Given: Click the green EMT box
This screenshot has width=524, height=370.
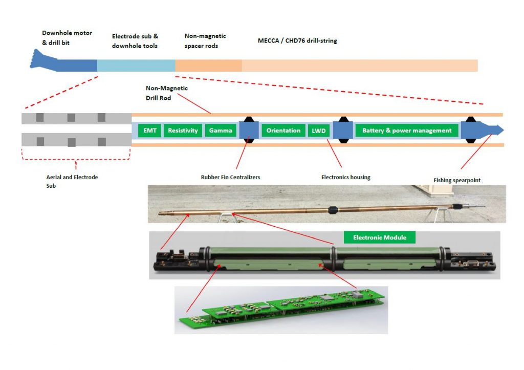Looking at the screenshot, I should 150,130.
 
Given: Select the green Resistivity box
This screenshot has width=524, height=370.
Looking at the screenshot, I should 183,130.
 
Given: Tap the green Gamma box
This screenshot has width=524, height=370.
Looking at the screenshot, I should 221,130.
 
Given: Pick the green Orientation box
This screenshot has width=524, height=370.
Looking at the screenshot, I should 283,130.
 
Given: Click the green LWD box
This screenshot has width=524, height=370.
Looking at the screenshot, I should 318,130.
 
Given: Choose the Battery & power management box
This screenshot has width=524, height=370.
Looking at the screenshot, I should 407,130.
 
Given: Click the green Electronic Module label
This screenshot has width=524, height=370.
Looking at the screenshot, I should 379,237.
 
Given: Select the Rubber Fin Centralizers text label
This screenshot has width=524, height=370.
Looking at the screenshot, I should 230,178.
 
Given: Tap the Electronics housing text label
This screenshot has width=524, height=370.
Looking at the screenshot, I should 345,178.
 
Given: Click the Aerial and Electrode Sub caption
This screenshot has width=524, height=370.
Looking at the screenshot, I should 72,181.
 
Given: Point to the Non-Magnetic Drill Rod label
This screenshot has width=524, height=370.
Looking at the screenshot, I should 167,93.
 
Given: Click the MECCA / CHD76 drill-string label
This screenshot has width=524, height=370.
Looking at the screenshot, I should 297,40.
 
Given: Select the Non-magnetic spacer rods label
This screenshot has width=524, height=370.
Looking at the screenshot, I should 205,40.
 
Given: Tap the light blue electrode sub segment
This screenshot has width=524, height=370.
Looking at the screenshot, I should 136,66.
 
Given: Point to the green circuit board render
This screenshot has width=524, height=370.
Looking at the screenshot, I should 281,310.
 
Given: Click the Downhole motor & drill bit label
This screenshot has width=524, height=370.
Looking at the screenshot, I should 67,38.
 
